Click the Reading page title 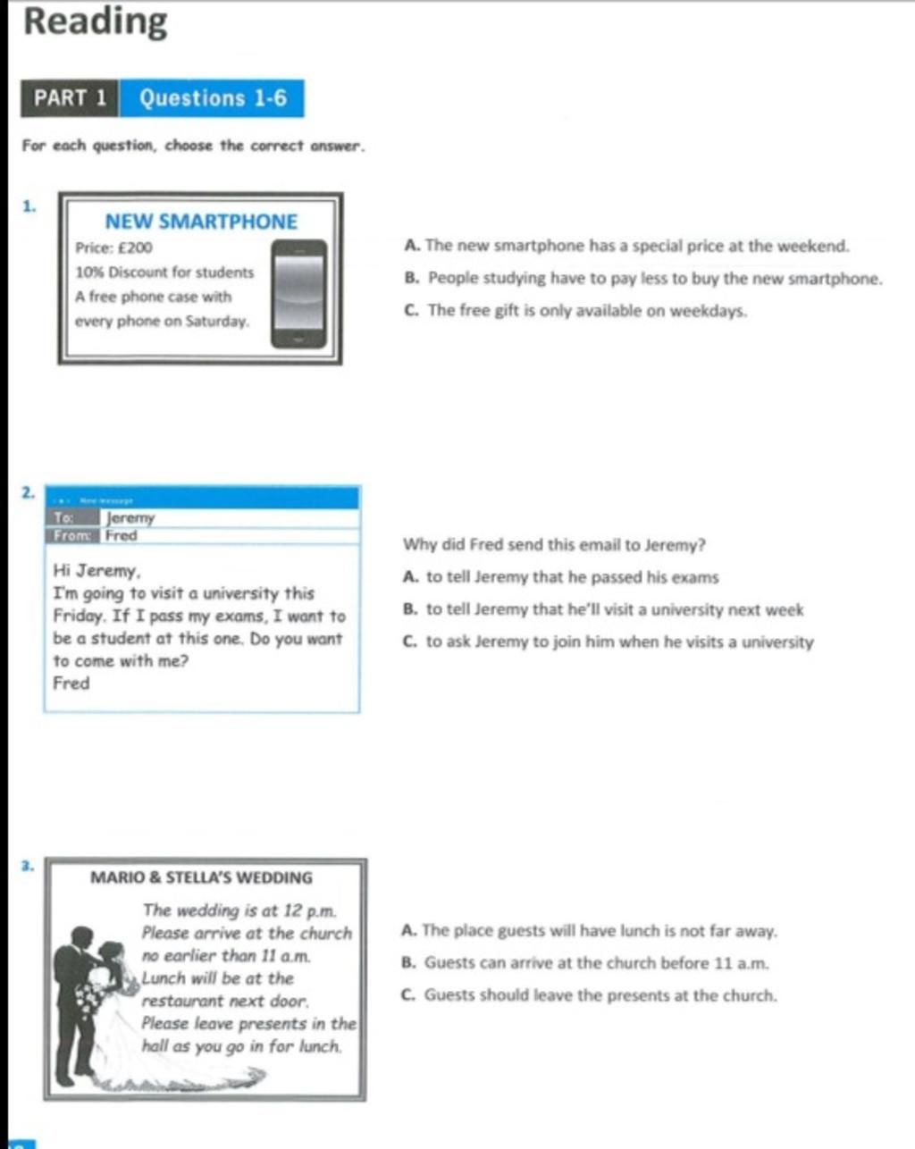point(95,21)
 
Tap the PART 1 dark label point(70,98)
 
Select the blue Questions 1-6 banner point(213,98)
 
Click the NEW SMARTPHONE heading point(201,222)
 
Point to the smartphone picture point(299,294)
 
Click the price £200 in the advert point(114,248)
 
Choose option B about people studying point(643,279)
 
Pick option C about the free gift point(576,311)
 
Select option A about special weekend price point(626,246)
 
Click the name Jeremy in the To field point(130,518)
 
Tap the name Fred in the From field point(121,536)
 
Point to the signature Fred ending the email point(71,684)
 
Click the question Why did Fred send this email point(554,545)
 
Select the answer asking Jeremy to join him point(609,642)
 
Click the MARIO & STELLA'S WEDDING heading point(202,878)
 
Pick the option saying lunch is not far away point(590,931)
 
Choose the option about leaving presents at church point(590,995)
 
